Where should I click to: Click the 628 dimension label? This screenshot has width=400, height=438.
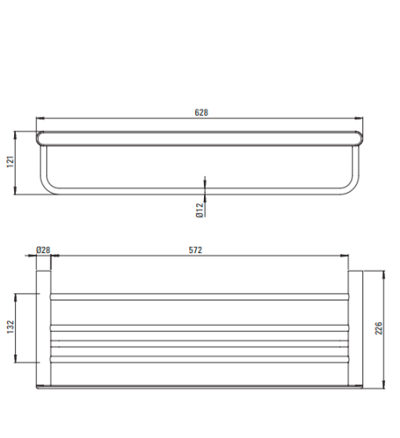click(x=201, y=112)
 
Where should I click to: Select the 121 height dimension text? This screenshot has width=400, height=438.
click(x=11, y=162)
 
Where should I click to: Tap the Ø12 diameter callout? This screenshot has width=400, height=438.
click(x=200, y=210)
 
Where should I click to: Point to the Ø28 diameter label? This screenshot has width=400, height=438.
click(x=43, y=250)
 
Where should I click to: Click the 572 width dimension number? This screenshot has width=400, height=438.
click(x=195, y=250)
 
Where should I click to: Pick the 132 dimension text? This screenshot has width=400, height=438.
click(x=11, y=327)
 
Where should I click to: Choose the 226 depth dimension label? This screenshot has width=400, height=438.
click(x=378, y=328)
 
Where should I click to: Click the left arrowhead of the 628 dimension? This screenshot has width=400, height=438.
click(x=40, y=118)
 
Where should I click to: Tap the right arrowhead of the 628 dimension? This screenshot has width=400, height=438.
click(x=359, y=118)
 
